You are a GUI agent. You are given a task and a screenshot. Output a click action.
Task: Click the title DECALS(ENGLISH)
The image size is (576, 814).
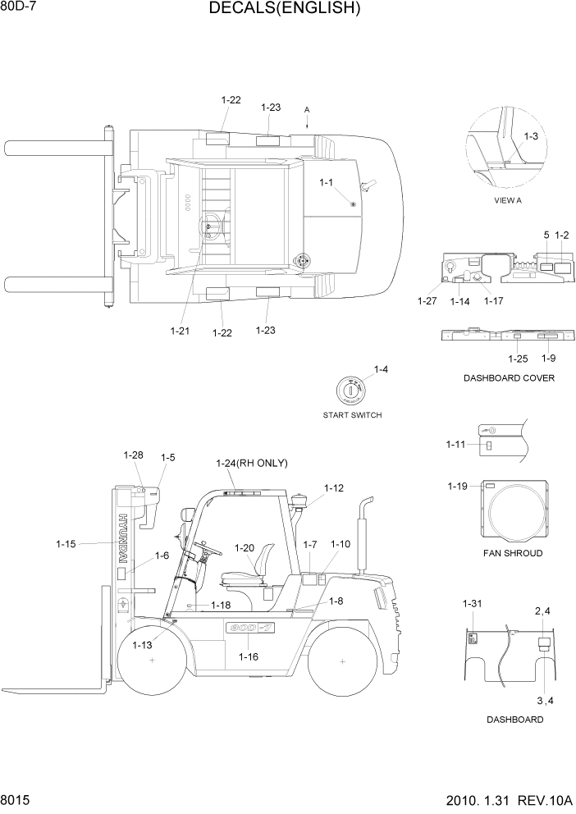[285, 9]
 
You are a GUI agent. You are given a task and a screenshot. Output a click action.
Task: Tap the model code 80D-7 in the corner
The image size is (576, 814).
[20, 7]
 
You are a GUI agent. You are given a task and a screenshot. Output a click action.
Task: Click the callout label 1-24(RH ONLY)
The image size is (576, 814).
[251, 463]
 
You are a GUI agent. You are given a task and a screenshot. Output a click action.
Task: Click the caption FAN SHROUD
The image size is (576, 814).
[512, 553]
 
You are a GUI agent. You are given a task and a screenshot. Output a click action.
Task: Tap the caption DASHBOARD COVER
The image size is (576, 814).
[509, 378]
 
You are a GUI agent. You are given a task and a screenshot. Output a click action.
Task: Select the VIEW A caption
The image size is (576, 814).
[507, 200]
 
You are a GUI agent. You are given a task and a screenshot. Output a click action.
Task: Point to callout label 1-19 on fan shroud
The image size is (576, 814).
[457, 487]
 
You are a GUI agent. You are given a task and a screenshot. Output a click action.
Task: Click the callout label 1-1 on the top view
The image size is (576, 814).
[326, 182]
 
